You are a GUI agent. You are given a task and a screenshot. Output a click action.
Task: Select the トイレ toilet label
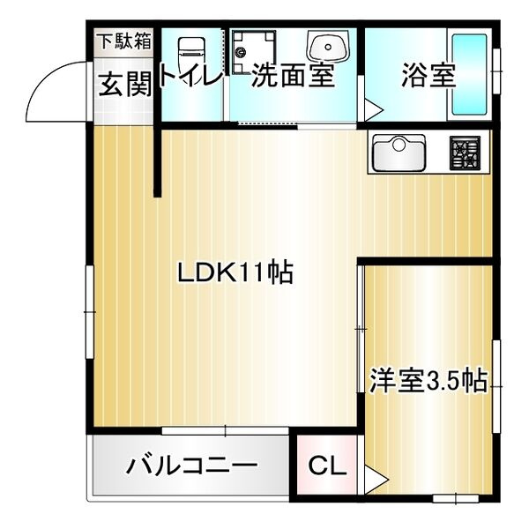[x=190, y=78]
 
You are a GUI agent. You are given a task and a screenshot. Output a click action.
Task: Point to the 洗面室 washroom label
[x=294, y=76]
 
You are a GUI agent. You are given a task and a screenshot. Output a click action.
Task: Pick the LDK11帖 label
[x=235, y=272]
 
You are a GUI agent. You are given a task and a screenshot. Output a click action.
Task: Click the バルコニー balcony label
[x=190, y=466]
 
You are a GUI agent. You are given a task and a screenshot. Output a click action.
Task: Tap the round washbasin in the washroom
[x=326, y=46]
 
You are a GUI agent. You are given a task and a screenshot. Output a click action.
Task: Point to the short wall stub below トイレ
[x=158, y=163]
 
